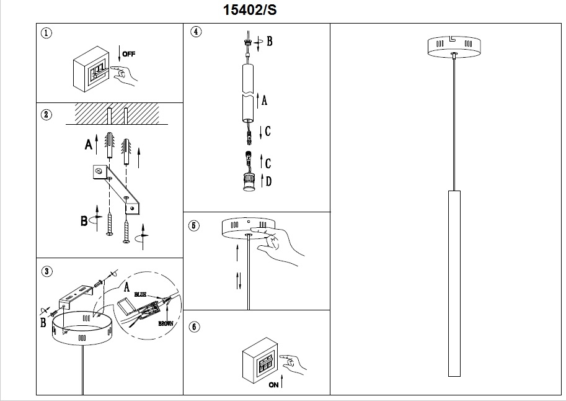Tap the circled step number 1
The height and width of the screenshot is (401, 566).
45,33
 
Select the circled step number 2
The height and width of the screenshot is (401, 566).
45,114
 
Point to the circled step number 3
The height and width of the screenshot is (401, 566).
45,271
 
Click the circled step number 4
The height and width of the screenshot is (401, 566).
196,32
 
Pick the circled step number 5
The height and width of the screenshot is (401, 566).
194,225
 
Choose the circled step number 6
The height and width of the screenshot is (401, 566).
194,326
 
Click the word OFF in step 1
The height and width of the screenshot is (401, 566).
128,54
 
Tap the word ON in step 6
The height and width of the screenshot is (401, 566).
273,385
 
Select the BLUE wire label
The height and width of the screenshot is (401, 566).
139,294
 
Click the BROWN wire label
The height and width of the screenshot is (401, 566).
166,324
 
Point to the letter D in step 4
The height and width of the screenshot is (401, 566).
268,182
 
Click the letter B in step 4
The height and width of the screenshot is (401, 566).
269,42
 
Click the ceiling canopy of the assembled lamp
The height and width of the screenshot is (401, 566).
453,47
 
